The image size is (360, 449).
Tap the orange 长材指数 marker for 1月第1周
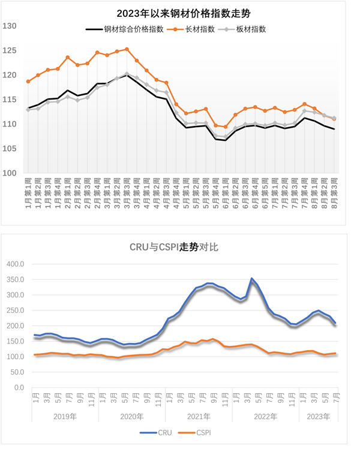point(28,81)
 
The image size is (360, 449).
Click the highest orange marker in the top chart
point(127,49)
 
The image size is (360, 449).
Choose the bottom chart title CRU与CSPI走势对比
point(180,246)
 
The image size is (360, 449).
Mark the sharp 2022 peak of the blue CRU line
point(252,279)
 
